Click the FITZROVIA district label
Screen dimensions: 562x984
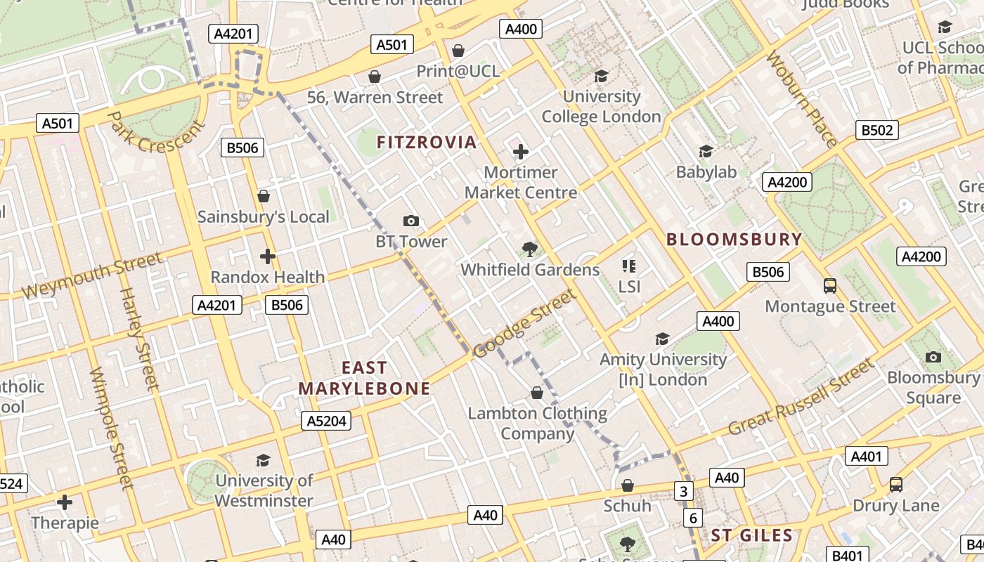pyautogui.click(x=427, y=143)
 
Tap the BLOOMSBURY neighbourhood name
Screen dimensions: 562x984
pyautogui.click(x=734, y=240)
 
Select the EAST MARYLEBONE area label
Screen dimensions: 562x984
pyautogui.click(x=364, y=378)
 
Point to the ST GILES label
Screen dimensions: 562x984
pyautogui.click(x=751, y=535)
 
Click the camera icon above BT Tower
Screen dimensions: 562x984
pyautogui.click(x=411, y=221)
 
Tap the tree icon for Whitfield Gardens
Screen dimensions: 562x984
pyautogui.click(x=530, y=249)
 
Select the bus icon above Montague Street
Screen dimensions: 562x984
pyautogui.click(x=830, y=286)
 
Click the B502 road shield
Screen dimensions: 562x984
pyautogui.click(x=876, y=130)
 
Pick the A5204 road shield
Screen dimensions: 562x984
pyautogui.click(x=326, y=421)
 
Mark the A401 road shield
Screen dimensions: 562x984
pyautogui.click(x=866, y=457)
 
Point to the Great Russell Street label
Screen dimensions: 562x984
pyautogui.click(x=801, y=398)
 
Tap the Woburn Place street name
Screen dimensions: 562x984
pyautogui.click(x=801, y=98)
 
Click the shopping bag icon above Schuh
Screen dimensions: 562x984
pyautogui.click(x=628, y=485)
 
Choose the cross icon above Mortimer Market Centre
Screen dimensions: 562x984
pyautogui.click(x=521, y=152)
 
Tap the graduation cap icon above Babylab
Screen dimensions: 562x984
pyautogui.click(x=706, y=152)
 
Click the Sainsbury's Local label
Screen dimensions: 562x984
pyautogui.click(x=263, y=216)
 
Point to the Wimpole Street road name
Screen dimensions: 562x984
pyautogui.click(x=111, y=429)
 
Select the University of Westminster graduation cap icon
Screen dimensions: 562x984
pyautogui.click(x=264, y=460)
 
